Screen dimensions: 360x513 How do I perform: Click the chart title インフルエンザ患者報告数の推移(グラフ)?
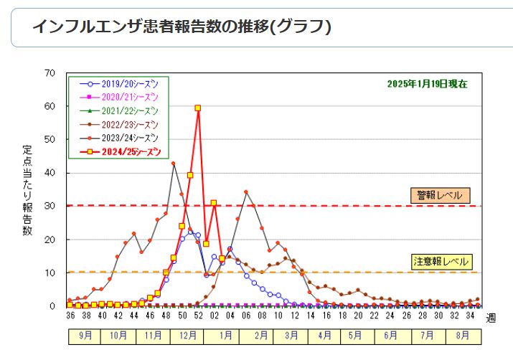[182, 27]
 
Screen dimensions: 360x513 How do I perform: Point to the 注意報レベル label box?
[440, 261]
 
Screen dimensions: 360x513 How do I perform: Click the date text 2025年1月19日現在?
[427, 84]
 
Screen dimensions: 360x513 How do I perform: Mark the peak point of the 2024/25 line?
[197, 108]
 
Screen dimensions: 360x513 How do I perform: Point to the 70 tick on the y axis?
[50, 73]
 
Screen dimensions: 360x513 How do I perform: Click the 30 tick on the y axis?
[50, 207]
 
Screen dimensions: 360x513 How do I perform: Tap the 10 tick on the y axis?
[50, 273]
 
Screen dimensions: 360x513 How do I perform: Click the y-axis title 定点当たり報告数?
[27, 190]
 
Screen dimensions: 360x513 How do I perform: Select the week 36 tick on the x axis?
[70, 315]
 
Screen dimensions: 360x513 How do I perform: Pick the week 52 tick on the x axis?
[197, 315]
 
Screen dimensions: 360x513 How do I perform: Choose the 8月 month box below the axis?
[463, 335]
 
